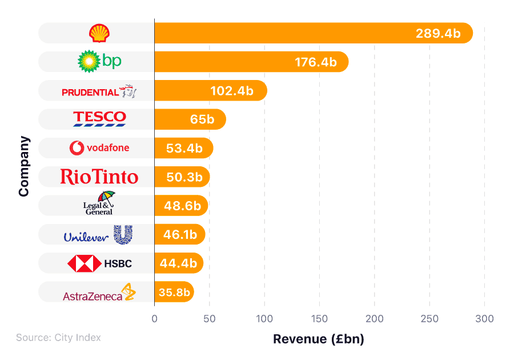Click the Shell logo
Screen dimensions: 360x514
pyautogui.click(x=98, y=33)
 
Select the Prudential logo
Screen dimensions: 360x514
pyautogui.click(x=99, y=91)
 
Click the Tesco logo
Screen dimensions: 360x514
pyautogui.click(x=99, y=118)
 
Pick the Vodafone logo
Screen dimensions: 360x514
pyautogui.click(x=99, y=148)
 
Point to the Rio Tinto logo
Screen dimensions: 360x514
pyautogui.click(x=99, y=177)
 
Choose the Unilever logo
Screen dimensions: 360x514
pyautogui.click(x=98, y=235)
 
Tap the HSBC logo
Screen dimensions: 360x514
pyautogui.click(x=99, y=263)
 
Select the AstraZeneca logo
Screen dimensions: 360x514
pyautogui.click(x=99, y=293)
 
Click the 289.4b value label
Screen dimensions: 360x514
pyautogui.click(x=438, y=33)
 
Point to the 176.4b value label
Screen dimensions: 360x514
pyautogui.click(x=316, y=62)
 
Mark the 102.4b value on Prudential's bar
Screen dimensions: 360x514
pyautogui.click(x=232, y=91)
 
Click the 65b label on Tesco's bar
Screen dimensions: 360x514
pyautogui.click(x=202, y=119)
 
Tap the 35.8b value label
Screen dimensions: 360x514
pyautogui.click(x=174, y=293)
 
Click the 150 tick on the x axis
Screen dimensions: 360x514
pyautogui.click(x=320, y=318)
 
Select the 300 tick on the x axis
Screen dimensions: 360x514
pyautogui.click(x=485, y=318)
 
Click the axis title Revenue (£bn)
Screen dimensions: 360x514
pyautogui.click(x=318, y=339)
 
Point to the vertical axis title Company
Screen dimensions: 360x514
pyautogui.click(x=23, y=166)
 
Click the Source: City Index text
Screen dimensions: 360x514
pyautogui.click(x=58, y=338)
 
